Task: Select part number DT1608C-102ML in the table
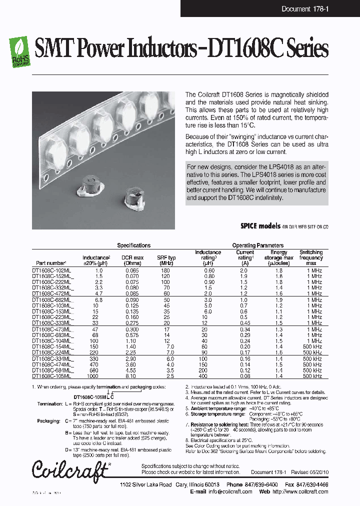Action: [51, 270]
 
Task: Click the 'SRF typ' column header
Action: [167, 260]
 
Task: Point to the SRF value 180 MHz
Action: [165, 270]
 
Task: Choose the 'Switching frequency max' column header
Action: [311, 257]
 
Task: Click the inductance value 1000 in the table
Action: [92, 376]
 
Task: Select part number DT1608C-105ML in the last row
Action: [51, 376]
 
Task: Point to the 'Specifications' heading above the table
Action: [133, 245]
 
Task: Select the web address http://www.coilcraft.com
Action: [298, 492]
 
